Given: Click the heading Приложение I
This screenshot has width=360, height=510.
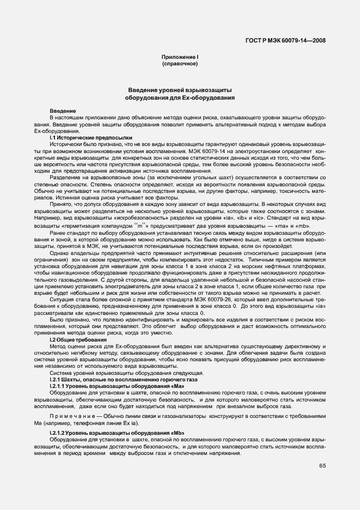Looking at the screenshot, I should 180,57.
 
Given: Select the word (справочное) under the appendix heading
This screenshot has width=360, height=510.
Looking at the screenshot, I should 180,64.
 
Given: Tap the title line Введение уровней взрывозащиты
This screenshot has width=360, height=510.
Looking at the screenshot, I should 180,90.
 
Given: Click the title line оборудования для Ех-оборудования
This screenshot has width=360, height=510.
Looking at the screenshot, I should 180,98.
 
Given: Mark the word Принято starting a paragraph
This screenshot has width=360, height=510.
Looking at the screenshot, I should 60,203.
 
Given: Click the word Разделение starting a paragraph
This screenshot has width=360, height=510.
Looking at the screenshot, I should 65,177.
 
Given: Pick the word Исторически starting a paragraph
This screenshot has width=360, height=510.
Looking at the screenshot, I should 65,144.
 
